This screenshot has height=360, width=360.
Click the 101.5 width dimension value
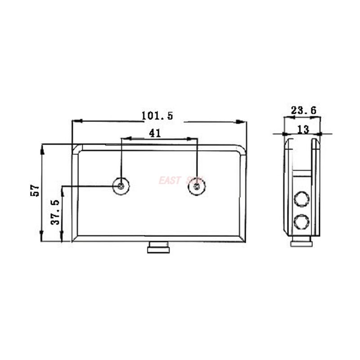pos(157,116)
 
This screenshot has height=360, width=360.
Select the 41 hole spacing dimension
pos(154,133)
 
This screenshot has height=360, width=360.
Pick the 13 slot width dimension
pos(303,130)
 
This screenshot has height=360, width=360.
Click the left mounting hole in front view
pos(121,185)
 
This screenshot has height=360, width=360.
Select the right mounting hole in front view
pos(197,185)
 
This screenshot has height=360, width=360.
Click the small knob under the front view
pos(158,248)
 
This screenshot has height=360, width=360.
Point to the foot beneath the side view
pos(302,243)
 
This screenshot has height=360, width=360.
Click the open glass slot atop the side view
pos(302,153)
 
